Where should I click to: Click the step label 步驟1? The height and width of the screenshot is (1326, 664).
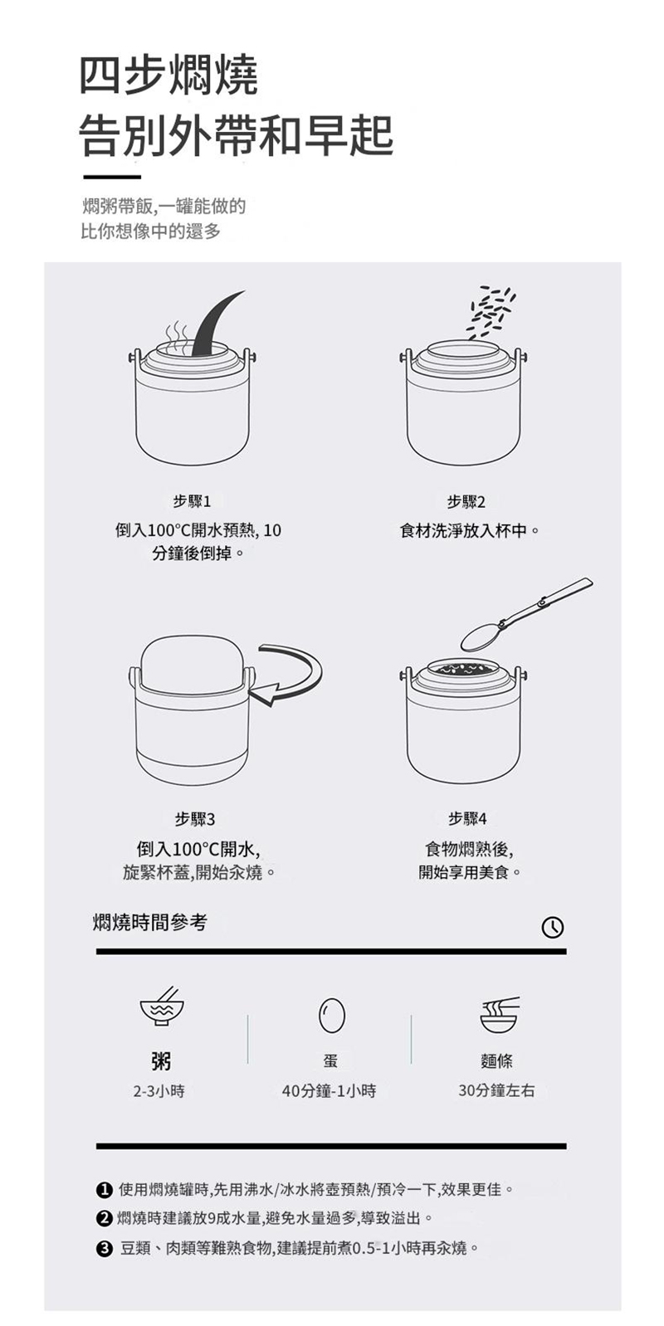192,501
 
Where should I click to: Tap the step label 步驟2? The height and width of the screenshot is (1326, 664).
466,502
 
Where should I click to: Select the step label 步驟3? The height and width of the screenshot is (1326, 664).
195,819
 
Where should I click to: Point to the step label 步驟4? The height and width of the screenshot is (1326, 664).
467,819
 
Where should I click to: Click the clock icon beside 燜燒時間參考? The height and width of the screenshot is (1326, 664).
553,927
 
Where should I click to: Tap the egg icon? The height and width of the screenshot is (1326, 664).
331,1015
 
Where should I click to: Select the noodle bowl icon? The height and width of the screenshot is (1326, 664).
500,1014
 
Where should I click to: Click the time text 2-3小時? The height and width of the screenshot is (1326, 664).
159,1091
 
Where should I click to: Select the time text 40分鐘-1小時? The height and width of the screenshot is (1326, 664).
329,1091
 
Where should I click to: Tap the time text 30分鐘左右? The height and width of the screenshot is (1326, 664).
496,1090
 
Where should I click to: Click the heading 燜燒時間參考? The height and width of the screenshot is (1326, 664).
150,922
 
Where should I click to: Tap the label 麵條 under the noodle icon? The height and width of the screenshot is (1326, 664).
497,1060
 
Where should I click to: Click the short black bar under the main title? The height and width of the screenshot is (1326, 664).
111,177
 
